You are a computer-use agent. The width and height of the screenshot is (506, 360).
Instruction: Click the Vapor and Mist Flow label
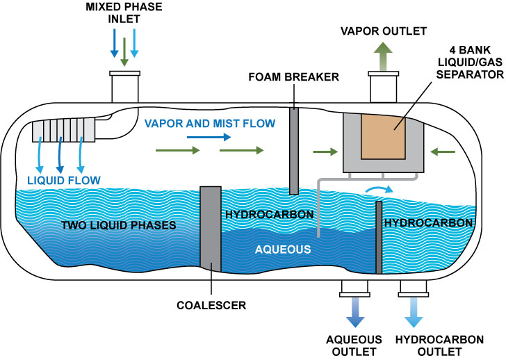(x=210, y=123)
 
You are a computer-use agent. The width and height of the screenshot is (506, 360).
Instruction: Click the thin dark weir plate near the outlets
(x=379, y=237)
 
